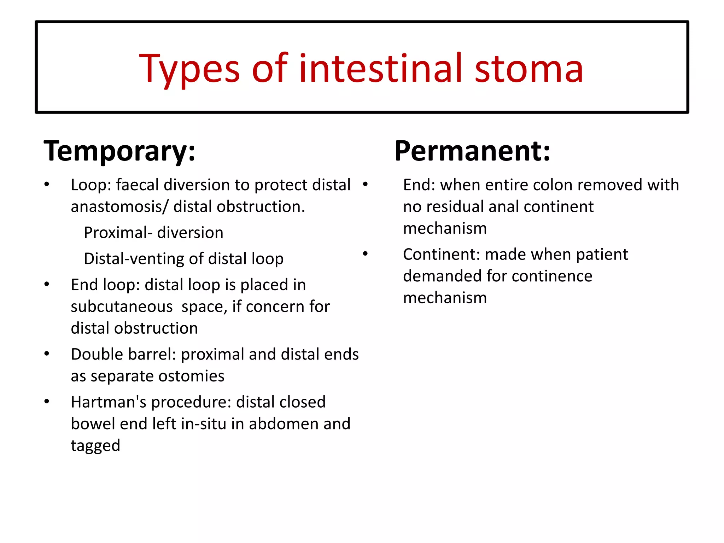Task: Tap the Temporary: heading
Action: click(x=119, y=151)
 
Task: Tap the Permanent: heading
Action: click(x=472, y=151)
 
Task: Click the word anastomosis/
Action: click(x=119, y=206)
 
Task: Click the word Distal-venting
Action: click(x=134, y=259)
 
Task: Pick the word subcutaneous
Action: click(x=122, y=306)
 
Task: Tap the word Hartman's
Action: click(x=108, y=402)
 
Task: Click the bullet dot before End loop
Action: click(x=47, y=284)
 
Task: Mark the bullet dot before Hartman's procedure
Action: click(x=47, y=402)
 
